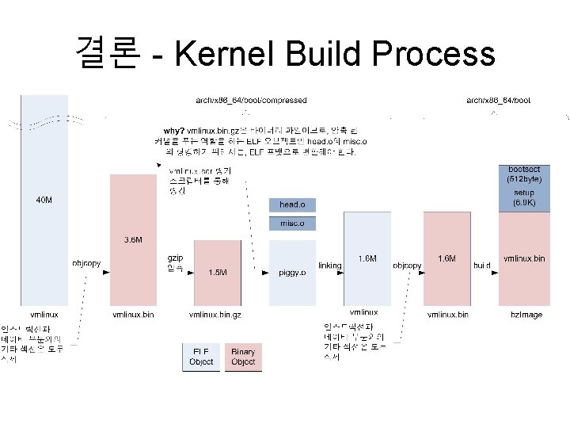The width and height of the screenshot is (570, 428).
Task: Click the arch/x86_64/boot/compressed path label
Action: [x=251, y=101]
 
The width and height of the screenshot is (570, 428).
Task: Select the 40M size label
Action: [x=44, y=200]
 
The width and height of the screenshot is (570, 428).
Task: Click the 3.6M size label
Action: [x=133, y=239]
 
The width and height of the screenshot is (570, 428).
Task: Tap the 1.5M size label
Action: [x=218, y=272]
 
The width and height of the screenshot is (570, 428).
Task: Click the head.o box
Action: [x=292, y=204]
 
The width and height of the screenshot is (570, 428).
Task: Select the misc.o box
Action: [x=292, y=224]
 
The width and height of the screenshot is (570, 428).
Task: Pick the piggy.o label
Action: [x=292, y=272]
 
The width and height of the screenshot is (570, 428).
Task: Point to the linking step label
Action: [x=329, y=266]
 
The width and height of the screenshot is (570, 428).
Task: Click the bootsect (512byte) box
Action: [x=523, y=174]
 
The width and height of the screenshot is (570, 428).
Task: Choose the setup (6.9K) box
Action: [x=523, y=198]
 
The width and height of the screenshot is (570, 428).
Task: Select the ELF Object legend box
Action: [x=201, y=356]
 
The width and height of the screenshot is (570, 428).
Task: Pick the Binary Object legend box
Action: [x=243, y=356]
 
